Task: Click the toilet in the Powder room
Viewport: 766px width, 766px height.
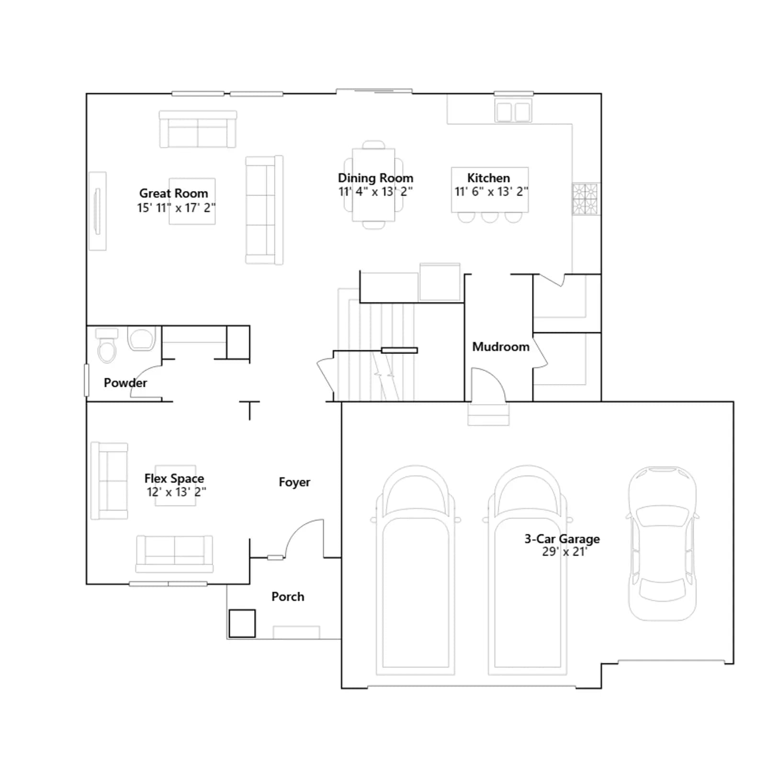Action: tap(107, 345)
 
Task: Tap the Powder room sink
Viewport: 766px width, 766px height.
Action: tap(142, 338)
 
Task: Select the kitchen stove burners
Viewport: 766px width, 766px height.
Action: tap(585, 199)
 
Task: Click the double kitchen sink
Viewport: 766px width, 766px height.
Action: tap(513, 112)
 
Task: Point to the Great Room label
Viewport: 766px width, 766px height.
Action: tap(174, 193)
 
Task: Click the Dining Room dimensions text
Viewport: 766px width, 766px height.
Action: tap(376, 191)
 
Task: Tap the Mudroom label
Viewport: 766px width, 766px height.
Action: tap(501, 347)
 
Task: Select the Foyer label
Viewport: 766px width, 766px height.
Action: tap(294, 482)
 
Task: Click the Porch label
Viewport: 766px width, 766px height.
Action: tap(288, 597)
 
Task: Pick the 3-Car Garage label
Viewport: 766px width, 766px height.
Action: tap(562, 539)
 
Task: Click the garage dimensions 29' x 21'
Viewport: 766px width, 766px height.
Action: tap(564, 552)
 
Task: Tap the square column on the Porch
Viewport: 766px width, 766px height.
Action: tap(242, 623)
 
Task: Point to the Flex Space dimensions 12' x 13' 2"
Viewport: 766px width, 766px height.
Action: tap(177, 492)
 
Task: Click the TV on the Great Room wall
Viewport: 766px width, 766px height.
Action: tap(98, 211)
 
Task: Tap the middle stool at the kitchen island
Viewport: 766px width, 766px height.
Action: tap(490, 217)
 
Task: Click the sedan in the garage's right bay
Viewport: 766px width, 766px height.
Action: tap(662, 544)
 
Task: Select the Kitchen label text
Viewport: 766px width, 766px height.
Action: tap(489, 178)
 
